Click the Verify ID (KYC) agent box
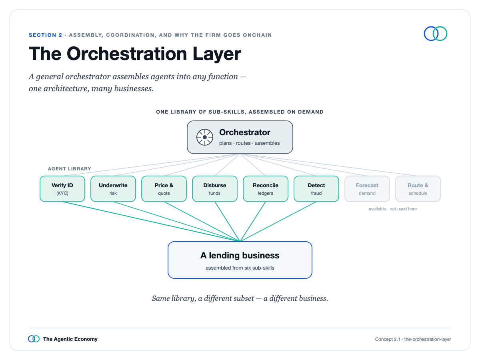point(62,189)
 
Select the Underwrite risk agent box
point(113,189)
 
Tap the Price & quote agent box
point(164,189)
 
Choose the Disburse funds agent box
point(215,189)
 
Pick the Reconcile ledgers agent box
point(266,189)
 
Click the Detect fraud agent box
point(316,189)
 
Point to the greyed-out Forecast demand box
point(367,189)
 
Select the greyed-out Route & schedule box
point(418,189)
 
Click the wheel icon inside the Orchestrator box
point(205,137)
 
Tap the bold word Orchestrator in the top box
point(245,132)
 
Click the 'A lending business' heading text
point(240,256)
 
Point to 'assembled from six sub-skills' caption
point(240,268)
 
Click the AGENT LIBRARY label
point(69,169)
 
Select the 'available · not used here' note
point(393,209)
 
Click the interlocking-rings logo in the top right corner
point(435,34)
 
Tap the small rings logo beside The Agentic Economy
point(34,339)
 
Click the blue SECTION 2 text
point(46,35)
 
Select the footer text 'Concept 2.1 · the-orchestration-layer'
point(413,339)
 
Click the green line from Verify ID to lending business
point(151,222)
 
